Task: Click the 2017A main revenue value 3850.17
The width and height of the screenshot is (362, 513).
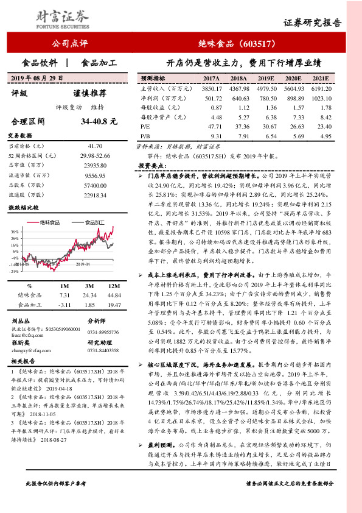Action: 209,88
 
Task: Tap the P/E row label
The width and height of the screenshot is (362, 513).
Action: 144,126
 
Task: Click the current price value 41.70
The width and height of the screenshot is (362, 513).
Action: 95,147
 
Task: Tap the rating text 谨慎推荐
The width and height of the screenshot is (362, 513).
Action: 89,93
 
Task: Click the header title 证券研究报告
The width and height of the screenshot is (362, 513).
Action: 312,23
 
